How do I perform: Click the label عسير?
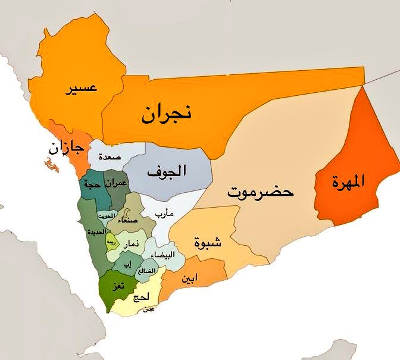(83, 89)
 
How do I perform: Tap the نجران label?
(166, 114)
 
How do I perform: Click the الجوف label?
(166, 172)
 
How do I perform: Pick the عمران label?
(115, 183)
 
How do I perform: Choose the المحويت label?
(105, 215)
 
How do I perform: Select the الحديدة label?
(97, 231)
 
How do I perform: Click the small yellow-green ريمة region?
(111, 242)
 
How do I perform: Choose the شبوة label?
(208, 242)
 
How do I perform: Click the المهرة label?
(352, 180)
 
